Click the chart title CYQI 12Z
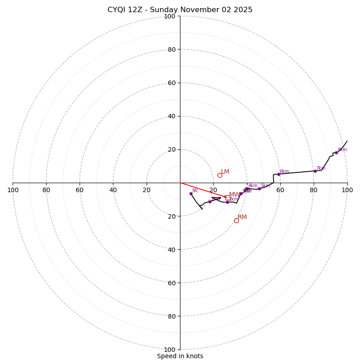click(x=180, y=10)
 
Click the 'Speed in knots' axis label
click(x=180, y=356)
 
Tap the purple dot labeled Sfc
click(x=191, y=193)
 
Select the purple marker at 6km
click(x=279, y=174)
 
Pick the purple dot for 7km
click(x=315, y=171)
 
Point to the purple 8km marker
click(x=336, y=153)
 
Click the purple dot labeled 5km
click(x=259, y=189)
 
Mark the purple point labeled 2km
click(x=227, y=202)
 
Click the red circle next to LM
click(x=220, y=175)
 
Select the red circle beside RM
click(x=236, y=220)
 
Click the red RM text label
click(x=242, y=217)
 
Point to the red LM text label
click(x=225, y=171)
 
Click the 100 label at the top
click(x=170, y=16)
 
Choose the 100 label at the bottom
click(x=170, y=349)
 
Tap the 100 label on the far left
click(x=13, y=190)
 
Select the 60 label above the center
click(x=171, y=83)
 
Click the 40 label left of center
click(x=113, y=190)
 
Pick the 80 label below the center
click(x=171, y=316)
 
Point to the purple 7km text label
click(x=320, y=168)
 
